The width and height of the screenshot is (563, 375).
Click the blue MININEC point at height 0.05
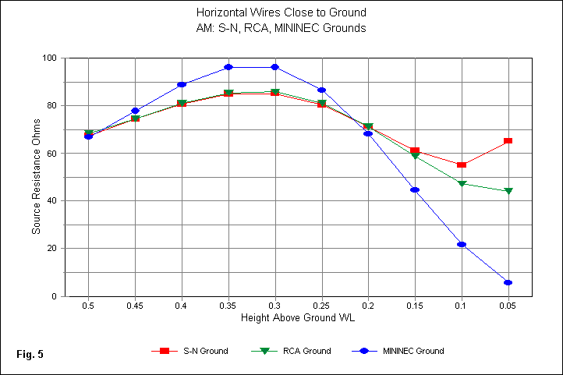[508, 282]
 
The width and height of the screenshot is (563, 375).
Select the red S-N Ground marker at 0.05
[508, 141]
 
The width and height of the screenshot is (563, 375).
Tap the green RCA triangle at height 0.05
[508, 191]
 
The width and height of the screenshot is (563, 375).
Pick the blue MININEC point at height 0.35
[228, 67]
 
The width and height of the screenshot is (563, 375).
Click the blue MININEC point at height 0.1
[462, 245]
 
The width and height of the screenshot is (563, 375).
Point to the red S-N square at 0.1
[462, 165]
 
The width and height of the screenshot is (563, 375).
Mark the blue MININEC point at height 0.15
[415, 189]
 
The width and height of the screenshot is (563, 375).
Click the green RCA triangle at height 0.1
[462, 184]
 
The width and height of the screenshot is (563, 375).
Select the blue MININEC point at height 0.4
[182, 84]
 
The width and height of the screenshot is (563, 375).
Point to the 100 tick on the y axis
[53, 58]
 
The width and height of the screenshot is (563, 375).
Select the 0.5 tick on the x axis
[88, 307]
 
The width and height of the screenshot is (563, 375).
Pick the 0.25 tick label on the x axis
[321, 307]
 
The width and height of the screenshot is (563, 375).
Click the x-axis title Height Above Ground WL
[298, 320]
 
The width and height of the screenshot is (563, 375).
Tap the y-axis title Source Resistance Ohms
[36, 178]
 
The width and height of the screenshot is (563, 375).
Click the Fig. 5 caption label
[30, 355]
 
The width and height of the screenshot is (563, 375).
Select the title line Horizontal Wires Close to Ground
[281, 13]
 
